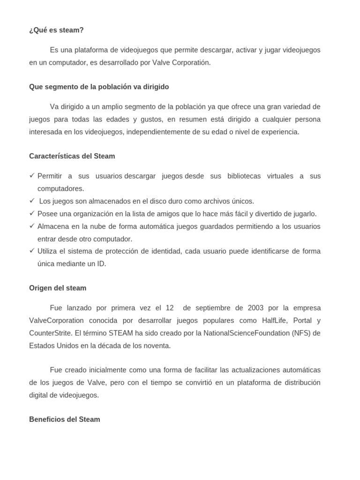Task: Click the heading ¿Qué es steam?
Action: click(56, 30)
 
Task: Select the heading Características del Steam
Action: click(72, 156)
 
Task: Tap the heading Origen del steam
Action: click(58, 288)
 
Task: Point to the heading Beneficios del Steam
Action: click(64, 419)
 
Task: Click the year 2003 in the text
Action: click(256, 308)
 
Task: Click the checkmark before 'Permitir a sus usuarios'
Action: click(32, 175)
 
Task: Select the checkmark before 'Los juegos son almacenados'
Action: click(32, 201)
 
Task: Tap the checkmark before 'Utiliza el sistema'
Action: click(32, 251)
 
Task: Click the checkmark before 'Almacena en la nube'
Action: click(32, 226)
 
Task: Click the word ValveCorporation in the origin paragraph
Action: click(56, 321)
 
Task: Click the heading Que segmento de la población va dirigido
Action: click(99, 87)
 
